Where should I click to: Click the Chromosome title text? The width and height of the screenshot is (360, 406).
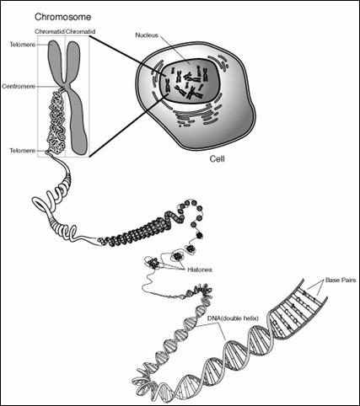point(62,17)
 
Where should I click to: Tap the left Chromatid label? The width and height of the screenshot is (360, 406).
point(50,32)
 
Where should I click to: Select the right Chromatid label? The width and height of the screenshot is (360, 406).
point(80,32)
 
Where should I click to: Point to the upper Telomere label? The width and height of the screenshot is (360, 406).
point(23,45)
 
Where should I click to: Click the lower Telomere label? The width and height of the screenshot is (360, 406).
point(23,151)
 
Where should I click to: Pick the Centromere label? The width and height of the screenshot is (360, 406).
point(19,87)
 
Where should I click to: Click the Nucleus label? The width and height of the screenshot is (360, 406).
point(147,35)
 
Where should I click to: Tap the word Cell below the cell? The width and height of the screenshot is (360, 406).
point(218,159)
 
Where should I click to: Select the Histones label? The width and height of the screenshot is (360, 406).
point(200,270)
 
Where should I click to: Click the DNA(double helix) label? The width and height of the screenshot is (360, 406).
point(233,318)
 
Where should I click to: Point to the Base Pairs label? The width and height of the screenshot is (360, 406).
point(341,280)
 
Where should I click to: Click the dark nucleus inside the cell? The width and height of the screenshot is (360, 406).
point(189,82)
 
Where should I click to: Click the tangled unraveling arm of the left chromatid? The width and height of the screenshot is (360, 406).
point(56,120)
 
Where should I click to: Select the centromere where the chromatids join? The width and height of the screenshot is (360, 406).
point(65,86)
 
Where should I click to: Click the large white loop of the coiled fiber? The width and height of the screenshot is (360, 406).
point(42,205)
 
